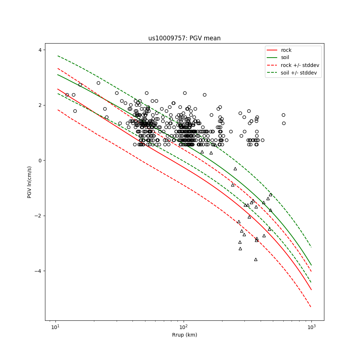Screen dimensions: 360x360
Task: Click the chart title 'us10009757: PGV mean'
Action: click(x=184, y=38)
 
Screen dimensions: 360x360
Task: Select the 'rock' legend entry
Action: click(x=286, y=50)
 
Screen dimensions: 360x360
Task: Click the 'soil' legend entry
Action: click(x=285, y=57)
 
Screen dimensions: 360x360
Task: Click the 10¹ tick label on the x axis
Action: click(x=55, y=327)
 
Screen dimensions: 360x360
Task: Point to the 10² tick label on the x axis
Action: click(x=184, y=327)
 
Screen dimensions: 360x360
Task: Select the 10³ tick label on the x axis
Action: click(x=311, y=327)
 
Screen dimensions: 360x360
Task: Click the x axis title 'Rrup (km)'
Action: click(x=184, y=335)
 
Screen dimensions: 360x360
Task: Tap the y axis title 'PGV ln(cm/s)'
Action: click(x=30, y=182)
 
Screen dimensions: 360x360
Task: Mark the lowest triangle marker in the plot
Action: click(x=256, y=259)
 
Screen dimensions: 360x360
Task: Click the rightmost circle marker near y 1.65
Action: click(x=283, y=115)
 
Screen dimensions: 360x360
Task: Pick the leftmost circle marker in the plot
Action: click(x=67, y=95)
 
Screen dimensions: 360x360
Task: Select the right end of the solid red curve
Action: click(x=311, y=289)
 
